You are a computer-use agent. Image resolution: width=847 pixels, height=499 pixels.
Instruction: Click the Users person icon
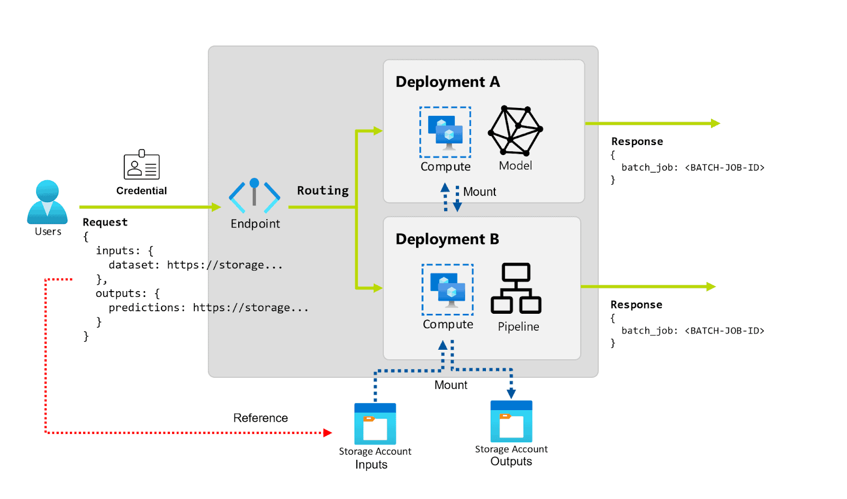[47, 202]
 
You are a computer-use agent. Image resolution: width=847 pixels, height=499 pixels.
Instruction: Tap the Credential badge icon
[141, 165]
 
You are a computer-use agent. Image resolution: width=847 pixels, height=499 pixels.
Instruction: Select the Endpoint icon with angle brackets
[255, 196]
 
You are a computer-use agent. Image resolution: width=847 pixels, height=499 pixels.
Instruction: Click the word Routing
[322, 190]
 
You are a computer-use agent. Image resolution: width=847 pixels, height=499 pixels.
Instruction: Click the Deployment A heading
[447, 82]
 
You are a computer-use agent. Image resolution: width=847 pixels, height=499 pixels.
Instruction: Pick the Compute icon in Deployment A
[445, 132]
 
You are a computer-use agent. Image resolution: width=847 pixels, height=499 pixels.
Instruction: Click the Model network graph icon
[515, 131]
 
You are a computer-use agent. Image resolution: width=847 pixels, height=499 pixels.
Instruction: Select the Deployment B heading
[447, 239]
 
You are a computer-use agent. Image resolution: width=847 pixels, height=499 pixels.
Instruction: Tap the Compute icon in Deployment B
[447, 289]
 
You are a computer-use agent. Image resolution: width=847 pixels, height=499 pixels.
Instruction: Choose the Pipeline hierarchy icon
[516, 288]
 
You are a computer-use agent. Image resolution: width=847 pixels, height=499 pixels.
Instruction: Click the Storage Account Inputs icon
[375, 424]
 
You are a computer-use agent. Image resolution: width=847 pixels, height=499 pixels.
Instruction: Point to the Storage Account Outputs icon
[511, 422]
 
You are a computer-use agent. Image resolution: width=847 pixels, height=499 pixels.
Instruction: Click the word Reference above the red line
[260, 418]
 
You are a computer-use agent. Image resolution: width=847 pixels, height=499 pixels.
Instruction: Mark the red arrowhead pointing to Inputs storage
[328, 433]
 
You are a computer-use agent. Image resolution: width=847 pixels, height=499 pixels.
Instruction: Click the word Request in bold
[105, 222]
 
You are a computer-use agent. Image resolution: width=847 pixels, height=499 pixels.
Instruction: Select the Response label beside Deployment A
[637, 141]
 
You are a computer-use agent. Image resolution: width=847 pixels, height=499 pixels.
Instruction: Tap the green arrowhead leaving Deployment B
[711, 287]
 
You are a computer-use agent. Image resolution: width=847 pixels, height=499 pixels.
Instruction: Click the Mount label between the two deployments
[479, 192]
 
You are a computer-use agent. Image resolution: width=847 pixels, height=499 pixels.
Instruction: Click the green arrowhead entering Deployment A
[377, 131]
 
